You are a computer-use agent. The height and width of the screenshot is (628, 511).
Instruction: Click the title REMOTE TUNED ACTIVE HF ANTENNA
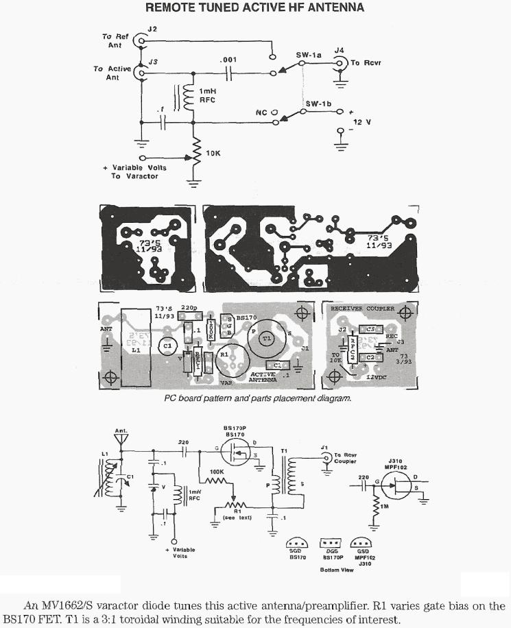[254, 8]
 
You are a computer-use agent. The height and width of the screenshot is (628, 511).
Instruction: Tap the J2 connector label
[152, 29]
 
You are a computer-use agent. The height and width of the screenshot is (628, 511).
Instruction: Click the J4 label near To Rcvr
[339, 49]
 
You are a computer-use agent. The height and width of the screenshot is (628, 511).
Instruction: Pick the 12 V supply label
[361, 121]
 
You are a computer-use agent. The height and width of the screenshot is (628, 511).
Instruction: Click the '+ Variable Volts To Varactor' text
[134, 171]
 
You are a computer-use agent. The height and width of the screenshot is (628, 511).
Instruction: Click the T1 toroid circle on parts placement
[268, 338]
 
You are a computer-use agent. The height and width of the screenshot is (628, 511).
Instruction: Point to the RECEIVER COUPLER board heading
[363, 309]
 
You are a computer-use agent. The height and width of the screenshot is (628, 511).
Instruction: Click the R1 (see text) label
[237, 513]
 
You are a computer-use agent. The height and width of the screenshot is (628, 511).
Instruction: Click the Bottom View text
[335, 570]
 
